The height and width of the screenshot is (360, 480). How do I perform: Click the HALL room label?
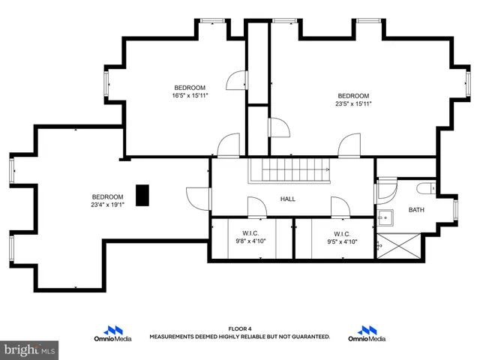(288, 199)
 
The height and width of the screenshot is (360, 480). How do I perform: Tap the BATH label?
(416, 210)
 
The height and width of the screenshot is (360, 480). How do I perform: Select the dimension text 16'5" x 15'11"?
(190, 95)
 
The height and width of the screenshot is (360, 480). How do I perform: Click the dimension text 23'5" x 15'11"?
(353, 103)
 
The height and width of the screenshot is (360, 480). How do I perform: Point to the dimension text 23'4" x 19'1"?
(107, 205)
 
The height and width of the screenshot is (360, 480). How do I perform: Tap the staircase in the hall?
(290, 170)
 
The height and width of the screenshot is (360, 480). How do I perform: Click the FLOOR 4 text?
(239, 328)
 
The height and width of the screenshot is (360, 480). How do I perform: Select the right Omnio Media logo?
(367, 334)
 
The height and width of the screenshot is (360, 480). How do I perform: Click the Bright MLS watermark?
(30, 349)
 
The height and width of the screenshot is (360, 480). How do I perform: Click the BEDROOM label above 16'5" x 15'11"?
(190, 87)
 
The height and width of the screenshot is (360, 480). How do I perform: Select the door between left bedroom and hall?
(199, 198)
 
